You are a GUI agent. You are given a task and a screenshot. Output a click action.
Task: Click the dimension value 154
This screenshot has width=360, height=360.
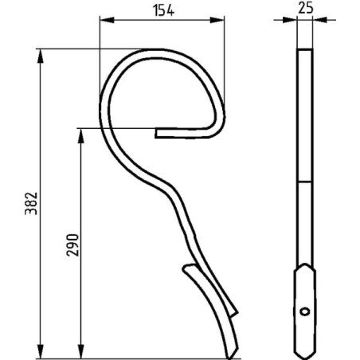click(x=163, y=11)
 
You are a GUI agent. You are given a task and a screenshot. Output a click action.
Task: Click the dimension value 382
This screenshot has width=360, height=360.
click(x=31, y=203)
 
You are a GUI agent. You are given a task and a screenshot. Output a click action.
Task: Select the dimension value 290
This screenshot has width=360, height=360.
click(x=72, y=245)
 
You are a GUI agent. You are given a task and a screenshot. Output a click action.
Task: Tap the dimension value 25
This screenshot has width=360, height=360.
click(x=306, y=8)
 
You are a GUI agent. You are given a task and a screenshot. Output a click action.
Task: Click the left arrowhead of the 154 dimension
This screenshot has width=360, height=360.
click(x=107, y=20)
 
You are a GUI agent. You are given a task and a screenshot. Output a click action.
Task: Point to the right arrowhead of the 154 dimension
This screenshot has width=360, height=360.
click(x=217, y=20)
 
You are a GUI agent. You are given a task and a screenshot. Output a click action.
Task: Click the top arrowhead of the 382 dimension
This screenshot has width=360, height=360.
click(x=41, y=56)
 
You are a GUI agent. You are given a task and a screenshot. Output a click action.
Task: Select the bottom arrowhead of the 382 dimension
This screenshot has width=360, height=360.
click(x=41, y=351)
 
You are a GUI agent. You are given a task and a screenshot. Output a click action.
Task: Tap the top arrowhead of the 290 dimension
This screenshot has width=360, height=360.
click(x=81, y=136)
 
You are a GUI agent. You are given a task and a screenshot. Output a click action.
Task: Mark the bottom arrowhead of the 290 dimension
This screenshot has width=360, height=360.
click(x=81, y=351)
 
